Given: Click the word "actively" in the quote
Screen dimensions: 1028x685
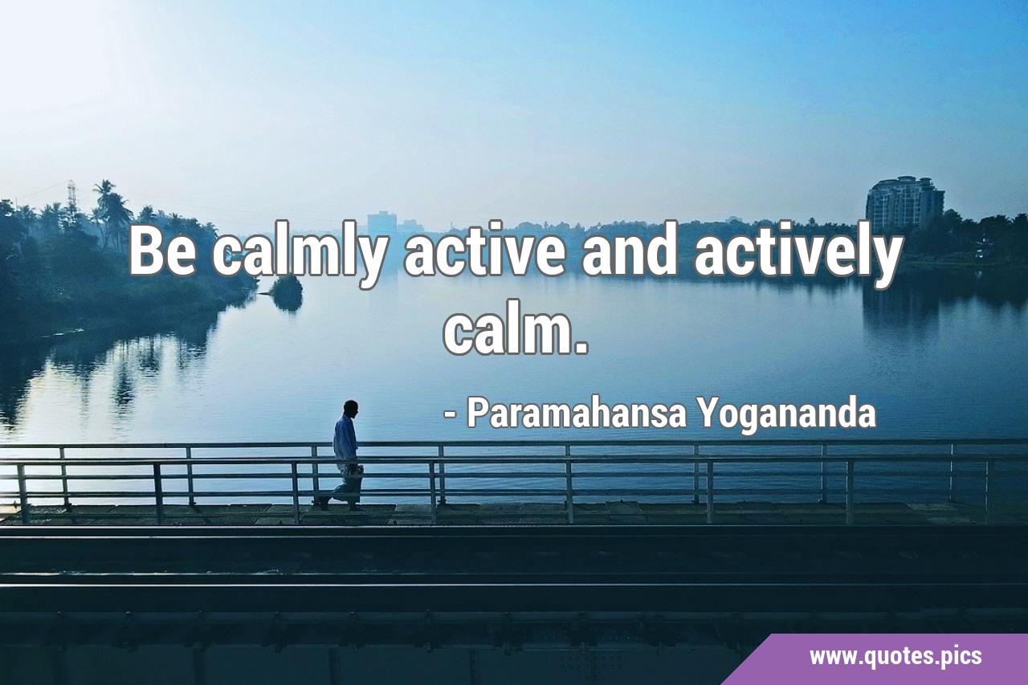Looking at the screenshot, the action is pyautogui.click(x=798, y=255).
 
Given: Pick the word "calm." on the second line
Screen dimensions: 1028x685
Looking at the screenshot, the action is pyautogui.click(x=516, y=328).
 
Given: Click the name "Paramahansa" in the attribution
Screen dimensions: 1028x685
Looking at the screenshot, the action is pyautogui.click(x=577, y=414).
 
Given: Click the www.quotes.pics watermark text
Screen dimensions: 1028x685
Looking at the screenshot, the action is pyautogui.click(x=895, y=657).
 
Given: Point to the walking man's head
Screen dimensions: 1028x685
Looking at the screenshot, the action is pyautogui.click(x=351, y=407).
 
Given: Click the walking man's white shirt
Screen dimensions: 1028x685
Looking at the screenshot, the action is pyautogui.click(x=345, y=438).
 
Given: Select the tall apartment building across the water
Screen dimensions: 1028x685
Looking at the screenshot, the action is pyautogui.click(x=904, y=204).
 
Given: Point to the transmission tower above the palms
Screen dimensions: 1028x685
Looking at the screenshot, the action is pyautogui.click(x=71, y=196).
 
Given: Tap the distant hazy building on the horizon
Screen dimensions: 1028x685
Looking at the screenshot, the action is pyautogui.click(x=381, y=222).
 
